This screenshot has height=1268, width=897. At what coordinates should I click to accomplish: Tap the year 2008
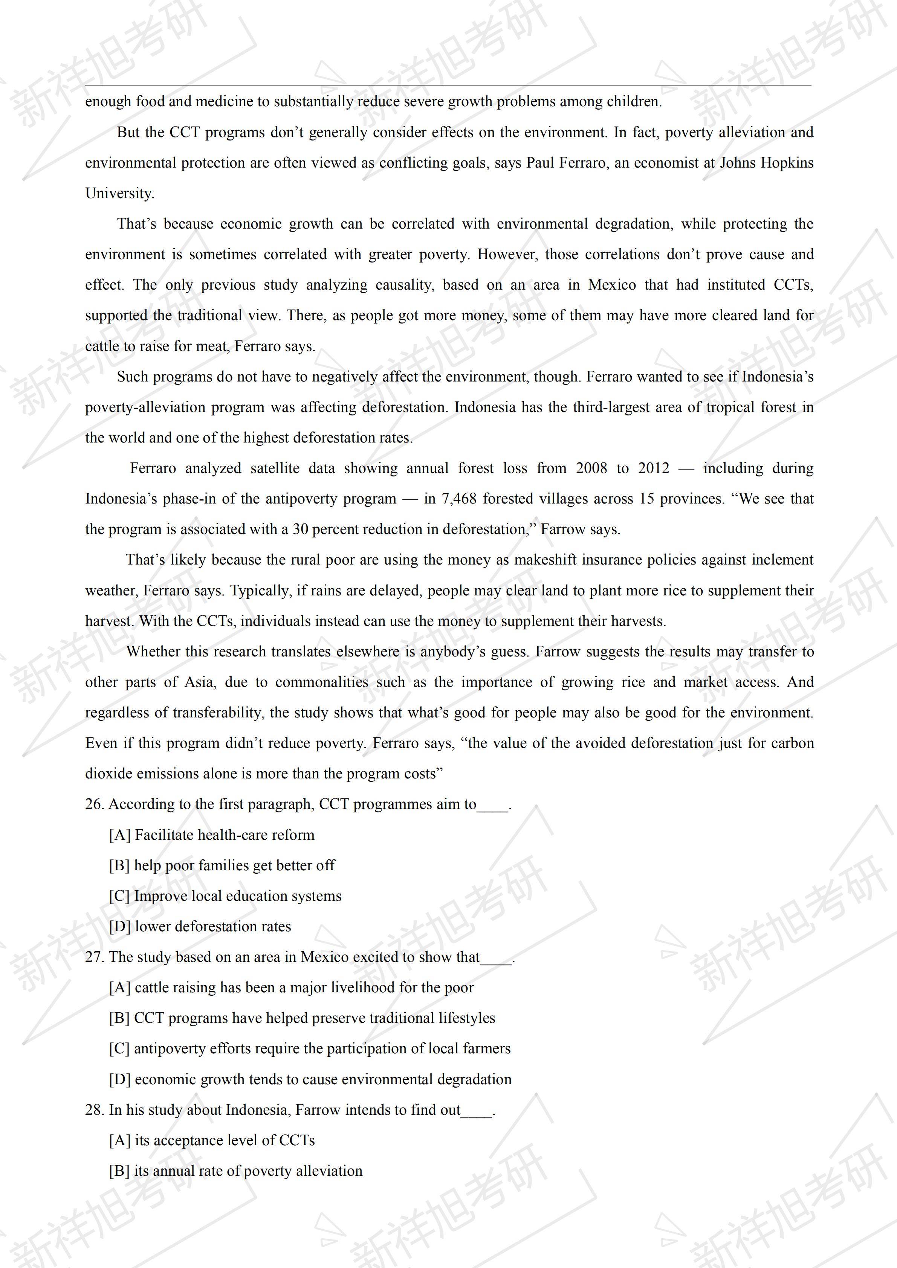[x=591, y=468]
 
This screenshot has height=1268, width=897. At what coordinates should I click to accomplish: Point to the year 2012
[x=653, y=468]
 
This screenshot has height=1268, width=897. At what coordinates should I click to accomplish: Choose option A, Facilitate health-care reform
[x=212, y=835]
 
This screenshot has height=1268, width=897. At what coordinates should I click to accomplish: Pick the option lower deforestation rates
[x=200, y=927]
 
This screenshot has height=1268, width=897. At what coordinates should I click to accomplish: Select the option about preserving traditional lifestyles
[x=302, y=1018]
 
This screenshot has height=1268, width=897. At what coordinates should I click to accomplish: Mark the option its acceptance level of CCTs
[x=212, y=1140]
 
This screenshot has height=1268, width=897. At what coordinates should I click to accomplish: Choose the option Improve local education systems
[x=225, y=896]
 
